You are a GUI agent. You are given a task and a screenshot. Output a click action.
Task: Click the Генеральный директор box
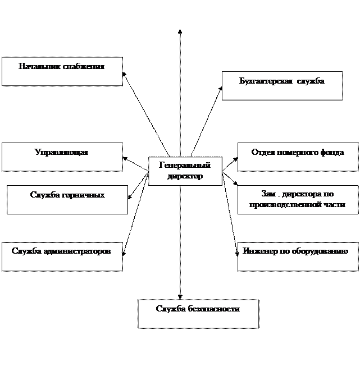185,171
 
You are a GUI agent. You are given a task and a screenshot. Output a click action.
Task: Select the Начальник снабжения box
62,71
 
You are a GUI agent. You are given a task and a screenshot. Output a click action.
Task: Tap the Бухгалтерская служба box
282,86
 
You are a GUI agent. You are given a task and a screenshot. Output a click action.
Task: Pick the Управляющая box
62,157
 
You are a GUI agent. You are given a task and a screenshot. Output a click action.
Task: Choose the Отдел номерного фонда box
298,157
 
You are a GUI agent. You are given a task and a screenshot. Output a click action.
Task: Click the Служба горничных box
67,200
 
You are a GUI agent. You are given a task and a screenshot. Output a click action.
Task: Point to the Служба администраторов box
62,256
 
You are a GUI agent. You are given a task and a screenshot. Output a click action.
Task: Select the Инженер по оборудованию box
298,256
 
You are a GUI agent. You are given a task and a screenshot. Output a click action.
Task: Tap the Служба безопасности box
198,313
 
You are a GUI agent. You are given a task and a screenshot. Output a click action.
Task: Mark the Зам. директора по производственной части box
298,200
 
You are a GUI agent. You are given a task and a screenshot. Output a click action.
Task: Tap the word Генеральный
185,166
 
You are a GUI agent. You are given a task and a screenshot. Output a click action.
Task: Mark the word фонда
332,153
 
